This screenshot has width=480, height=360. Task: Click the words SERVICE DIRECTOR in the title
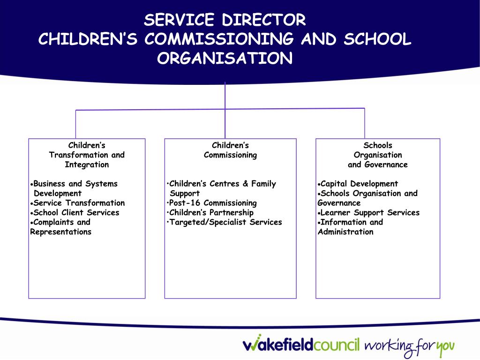(x=225, y=20)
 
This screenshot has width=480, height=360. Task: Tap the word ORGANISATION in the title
(x=225, y=59)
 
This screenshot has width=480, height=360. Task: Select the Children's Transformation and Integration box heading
(x=87, y=155)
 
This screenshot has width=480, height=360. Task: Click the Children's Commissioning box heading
(x=230, y=150)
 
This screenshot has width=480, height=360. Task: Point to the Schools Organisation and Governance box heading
(x=377, y=155)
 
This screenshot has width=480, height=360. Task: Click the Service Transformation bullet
(x=79, y=203)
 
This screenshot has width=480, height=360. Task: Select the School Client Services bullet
(x=76, y=212)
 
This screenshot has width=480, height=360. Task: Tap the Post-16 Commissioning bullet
(x=213, y=203)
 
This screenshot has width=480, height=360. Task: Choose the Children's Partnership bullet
(x=211, y=212)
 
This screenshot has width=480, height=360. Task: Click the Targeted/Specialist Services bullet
(x=225, y=222)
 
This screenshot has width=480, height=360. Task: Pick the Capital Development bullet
(x=359, y=184)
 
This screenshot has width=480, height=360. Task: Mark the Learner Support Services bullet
(x=369, y=212)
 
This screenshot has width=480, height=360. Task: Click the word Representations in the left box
(x=61, y=232)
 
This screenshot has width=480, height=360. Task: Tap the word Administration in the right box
(x=345, y=232)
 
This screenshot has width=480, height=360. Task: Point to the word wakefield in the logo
(x=277, y=345)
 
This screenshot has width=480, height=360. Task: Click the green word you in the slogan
(x=445, y=347)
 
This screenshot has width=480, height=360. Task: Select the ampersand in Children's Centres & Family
(x=245, y=184)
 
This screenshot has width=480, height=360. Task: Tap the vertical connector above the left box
(x=75, y=124)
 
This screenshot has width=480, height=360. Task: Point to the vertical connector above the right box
(x=365, y=123)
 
